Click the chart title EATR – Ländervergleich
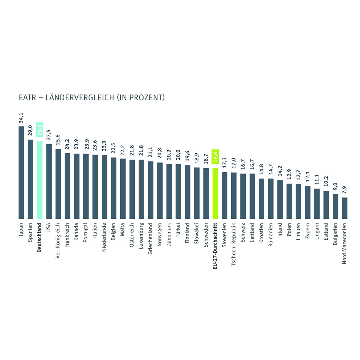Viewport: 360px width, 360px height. (x=91, y=97)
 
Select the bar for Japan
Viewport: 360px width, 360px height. (x=21, y=172)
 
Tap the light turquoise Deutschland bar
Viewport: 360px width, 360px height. (x=40, y=180)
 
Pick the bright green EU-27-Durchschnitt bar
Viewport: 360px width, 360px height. (x=215, y=193)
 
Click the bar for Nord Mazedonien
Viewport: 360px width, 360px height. (x=345, y=208)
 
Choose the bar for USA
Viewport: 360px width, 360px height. (x=49, y=181)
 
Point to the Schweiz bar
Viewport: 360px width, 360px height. (x=243, y=196)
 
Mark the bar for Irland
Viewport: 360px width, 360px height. (x=280, y=199)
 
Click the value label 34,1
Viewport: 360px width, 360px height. (x=21, y=118)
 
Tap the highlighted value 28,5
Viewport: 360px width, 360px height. (x=40, y=130)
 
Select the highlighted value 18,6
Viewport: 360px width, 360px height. (x=215, y=157)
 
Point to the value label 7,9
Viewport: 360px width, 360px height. (x=345, y=190)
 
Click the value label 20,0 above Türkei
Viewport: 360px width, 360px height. (x=178, y=156)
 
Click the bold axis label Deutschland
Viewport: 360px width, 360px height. (x=40, y=237)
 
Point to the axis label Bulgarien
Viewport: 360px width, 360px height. (x=335, y=234)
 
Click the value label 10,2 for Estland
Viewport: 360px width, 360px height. (x=326, y=183)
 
